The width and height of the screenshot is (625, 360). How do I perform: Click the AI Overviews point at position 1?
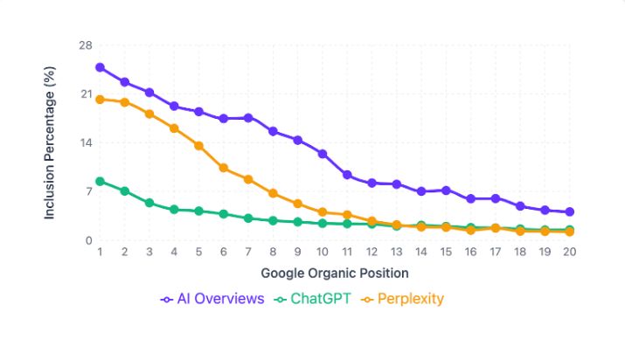[x=101, y=67]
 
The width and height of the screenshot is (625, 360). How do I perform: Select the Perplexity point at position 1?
[x=101, y=100]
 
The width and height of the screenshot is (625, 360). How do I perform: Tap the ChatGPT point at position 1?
[x=101, y=181]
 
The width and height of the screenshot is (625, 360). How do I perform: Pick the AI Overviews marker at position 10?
[x=323, y=154]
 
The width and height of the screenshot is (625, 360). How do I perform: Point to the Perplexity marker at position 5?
[x=199, y=146]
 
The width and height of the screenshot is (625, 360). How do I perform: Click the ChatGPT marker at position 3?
[x=149, y=203]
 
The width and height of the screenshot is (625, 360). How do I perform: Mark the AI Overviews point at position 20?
[x=570, y=211]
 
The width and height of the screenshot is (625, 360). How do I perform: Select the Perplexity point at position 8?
[x=274, y=193]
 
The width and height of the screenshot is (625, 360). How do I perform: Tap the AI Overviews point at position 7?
[x=248, y=118]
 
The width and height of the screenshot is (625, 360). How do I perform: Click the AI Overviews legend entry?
[x=212, y=299]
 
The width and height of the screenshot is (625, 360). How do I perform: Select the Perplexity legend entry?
[x=403, y=299]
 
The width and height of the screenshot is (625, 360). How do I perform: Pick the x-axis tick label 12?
[x=372, y=252]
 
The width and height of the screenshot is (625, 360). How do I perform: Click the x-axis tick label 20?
[x=570, y=252]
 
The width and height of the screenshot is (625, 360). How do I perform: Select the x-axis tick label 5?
[x=199, y=252]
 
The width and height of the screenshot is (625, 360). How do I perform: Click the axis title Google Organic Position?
[x=335, y=272]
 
